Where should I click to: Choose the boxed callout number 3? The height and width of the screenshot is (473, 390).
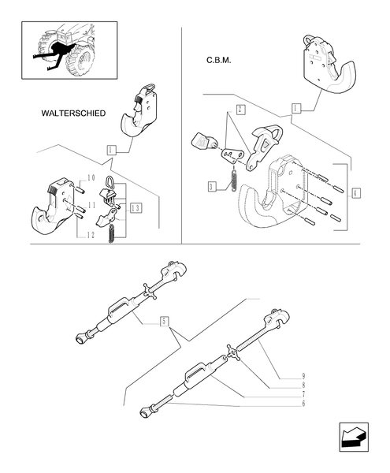point(211,186)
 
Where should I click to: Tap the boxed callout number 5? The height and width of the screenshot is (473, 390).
point(163,320)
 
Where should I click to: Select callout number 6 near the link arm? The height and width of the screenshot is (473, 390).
point(303,404)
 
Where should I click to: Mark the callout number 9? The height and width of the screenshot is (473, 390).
point(303,374)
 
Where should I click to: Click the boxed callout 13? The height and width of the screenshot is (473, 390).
point(136,207)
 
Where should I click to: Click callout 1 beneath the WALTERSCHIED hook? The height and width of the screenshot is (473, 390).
point(111,150)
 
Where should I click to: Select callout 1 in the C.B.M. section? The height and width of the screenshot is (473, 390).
point(295,106)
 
